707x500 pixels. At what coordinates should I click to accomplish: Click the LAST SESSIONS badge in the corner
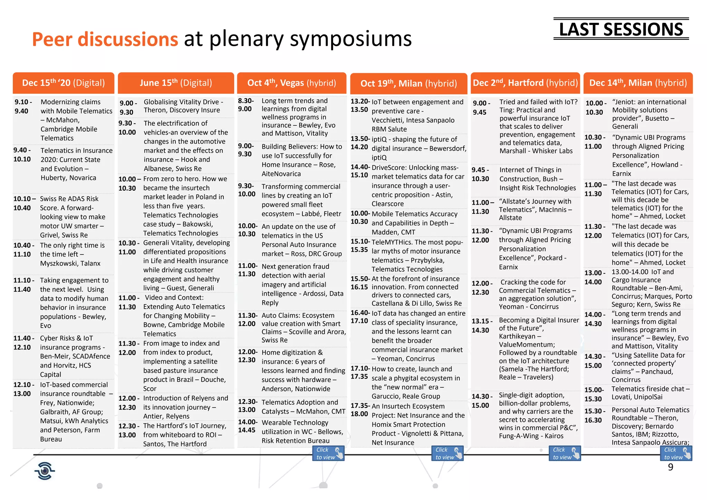coord(621,29)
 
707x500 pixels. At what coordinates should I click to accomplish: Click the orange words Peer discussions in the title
coord(105,39)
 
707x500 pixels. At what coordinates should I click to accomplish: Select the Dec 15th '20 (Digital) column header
coord(64,83)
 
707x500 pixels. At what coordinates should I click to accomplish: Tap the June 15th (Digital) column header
coord(176,83)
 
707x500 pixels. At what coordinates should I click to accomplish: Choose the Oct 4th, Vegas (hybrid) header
coord(292,83)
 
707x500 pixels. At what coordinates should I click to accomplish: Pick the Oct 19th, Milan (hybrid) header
coord(409,84)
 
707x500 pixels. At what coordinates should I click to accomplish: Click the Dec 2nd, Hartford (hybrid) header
coord(525,83)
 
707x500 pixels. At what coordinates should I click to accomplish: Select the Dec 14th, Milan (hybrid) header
coord(638,83)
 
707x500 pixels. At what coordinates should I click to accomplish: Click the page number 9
coord(670,467)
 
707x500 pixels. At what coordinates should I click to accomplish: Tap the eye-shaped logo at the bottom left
coord(45,471)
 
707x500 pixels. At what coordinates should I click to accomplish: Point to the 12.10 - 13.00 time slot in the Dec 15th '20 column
coord(23,389)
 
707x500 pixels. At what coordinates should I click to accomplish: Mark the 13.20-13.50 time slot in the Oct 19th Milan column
coord(360,105)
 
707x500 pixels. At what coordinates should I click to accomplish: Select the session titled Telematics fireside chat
coord(650,393)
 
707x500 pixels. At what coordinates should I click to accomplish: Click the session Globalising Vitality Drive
coord(183,106)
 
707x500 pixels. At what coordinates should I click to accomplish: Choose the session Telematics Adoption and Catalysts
coord(303,407)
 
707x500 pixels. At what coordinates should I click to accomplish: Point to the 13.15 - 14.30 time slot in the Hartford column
coord(481,326)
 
